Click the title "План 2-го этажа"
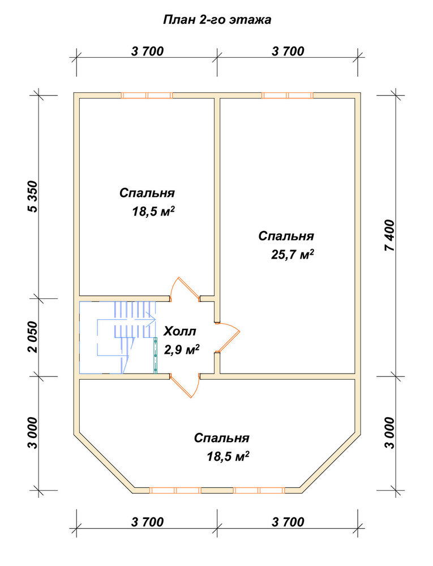217,19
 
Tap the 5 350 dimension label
33,196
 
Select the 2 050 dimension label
33,336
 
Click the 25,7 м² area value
292,255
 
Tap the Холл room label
180,331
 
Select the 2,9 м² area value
182,349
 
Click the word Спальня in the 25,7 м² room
286,236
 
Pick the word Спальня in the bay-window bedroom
221,438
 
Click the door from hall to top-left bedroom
185,289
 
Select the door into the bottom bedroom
184,386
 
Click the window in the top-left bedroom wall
147,95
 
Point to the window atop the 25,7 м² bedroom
287,95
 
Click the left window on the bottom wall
175,490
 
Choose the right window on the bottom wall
259,490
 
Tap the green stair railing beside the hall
156,355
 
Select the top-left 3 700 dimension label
147,52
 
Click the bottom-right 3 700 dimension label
288,522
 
